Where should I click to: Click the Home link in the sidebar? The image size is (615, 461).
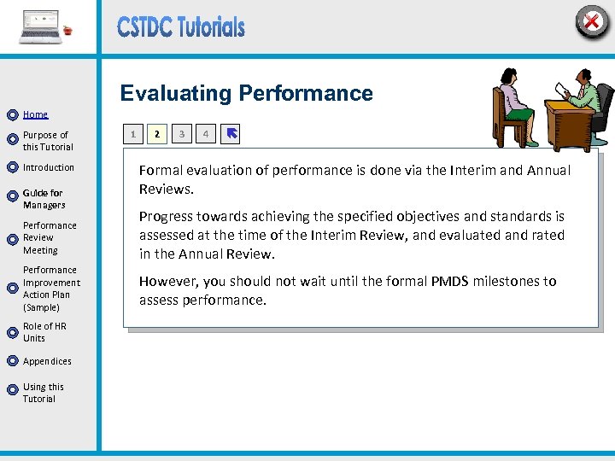pos(35,114)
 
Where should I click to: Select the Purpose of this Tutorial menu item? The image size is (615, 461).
pos(47,141)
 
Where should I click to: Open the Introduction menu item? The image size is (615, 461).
pos(48,167)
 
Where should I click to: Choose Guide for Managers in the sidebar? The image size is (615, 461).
pos(44,199)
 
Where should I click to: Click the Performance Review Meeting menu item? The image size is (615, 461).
pos(50,238)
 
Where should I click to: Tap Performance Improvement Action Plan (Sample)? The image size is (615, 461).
pos(51,289)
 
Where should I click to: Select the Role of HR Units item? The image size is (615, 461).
pos(44,332)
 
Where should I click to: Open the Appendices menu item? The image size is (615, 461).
pos(47,361)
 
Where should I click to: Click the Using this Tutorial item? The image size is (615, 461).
pos(43,393)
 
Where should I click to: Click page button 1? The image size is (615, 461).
pos(132,134)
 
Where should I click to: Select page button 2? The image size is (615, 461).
pos(156,134)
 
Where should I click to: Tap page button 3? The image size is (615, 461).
pos(181,134)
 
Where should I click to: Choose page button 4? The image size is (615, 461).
pos(205,134)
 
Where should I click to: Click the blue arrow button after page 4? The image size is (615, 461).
pos(231,134)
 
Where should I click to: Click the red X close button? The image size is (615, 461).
pos(591,20)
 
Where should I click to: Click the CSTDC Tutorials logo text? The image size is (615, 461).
pos(181,27)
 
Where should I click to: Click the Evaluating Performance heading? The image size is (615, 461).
pos(246,93)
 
